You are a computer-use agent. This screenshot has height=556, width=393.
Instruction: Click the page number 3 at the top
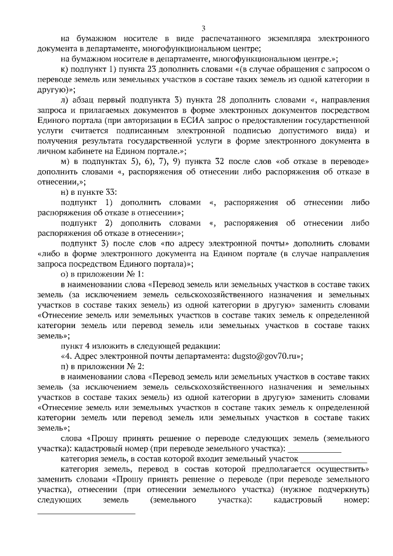(x=203, y=28)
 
